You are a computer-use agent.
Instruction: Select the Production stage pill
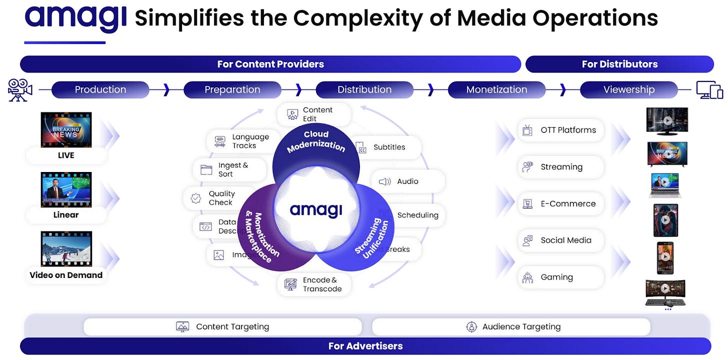tap(100, 89)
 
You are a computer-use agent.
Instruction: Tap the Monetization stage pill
tap(496, 89)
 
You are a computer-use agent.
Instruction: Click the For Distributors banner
tap(619, 64)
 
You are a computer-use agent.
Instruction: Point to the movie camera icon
tap(20, 90)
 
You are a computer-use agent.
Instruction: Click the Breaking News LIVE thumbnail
tap(66, 129)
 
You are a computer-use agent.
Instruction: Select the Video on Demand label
tap(66, 275)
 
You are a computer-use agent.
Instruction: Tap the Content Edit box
tap(314, 114)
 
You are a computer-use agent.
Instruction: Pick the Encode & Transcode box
tap(314, 284)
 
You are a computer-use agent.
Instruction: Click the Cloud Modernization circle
tap(316, 145)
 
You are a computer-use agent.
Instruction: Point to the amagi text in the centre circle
tap(316, 210)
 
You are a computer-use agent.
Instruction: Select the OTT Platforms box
tap(560, 130)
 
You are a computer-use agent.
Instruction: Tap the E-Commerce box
tap(560, 203)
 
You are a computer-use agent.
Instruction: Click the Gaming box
tap(560, 277)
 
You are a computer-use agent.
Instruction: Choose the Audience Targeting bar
tap(511, 327)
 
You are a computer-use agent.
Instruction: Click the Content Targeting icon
tap(182, 327)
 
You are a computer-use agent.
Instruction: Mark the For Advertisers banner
tap(365, 346)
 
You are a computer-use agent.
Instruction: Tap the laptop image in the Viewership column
tap(665, 185)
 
